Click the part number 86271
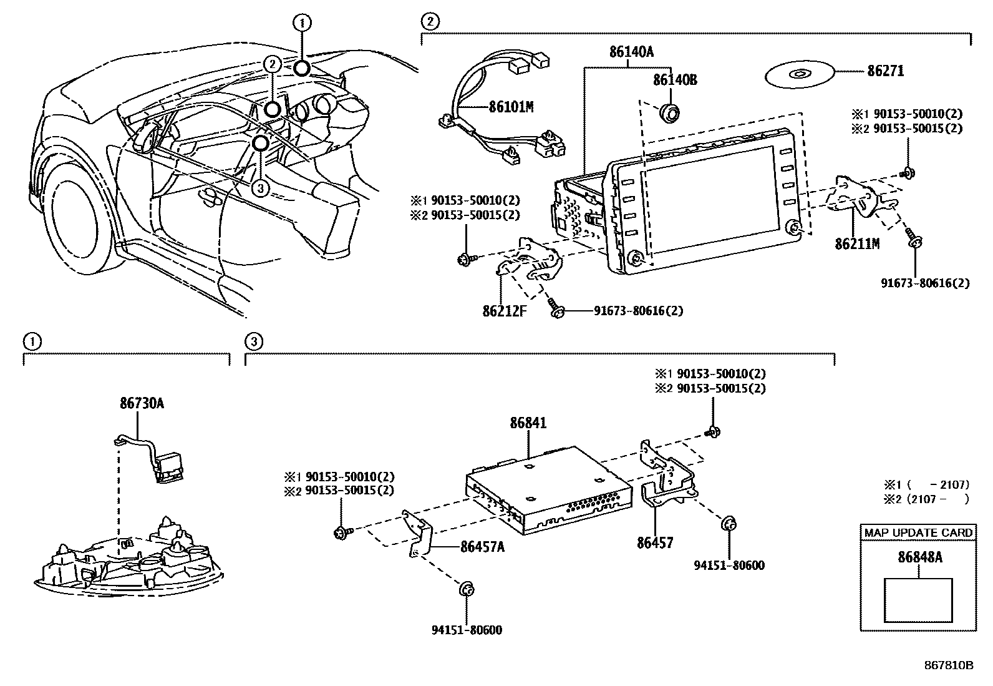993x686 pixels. point(885,71)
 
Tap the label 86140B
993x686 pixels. point(675,81)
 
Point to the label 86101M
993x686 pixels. point(511,107)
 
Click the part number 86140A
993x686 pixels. point(631,52)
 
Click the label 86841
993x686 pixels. point(528,423)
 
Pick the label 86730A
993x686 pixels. point(142,403)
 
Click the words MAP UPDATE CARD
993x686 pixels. point(918,532)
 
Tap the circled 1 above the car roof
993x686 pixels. point(302,24)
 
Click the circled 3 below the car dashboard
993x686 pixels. point(261,188)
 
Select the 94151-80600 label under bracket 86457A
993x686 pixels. point(467,630)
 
